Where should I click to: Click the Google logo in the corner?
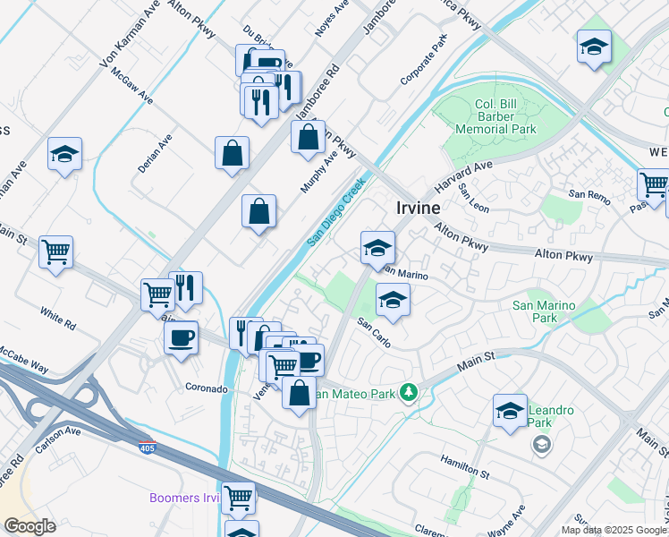point(30,526)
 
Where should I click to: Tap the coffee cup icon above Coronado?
point(182,338)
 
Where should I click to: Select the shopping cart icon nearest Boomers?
point(239,497)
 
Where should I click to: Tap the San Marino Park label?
point(543,311)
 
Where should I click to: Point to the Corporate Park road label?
point(423,61)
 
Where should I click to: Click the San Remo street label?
point(589,194)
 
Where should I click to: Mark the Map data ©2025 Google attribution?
point(614,530)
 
